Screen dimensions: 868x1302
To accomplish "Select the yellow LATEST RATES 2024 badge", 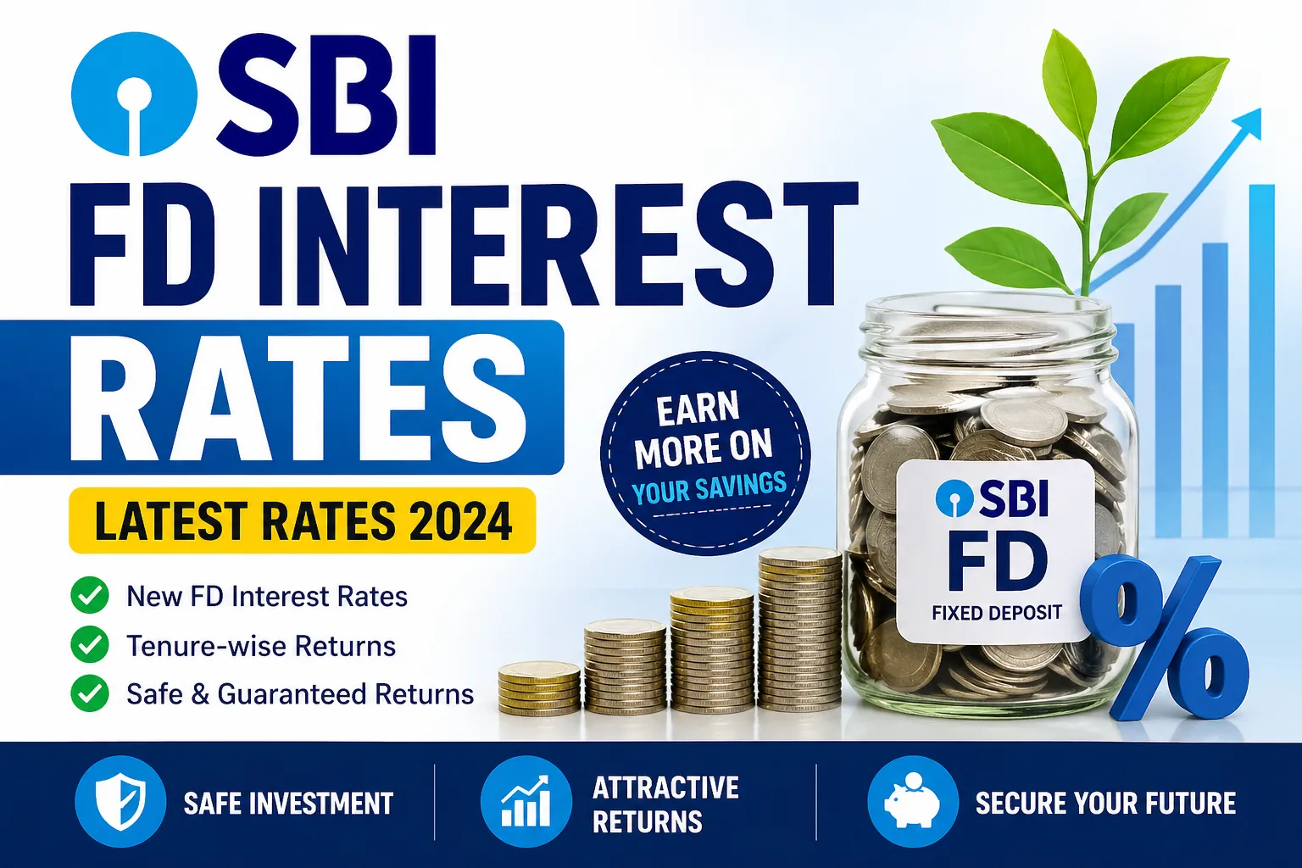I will (x=302, y=520).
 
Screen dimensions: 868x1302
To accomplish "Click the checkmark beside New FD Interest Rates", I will (x=90, y=596).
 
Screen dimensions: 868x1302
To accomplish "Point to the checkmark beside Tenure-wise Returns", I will (x=90, y=645).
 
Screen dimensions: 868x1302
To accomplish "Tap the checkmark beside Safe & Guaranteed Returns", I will (x=90, y=693).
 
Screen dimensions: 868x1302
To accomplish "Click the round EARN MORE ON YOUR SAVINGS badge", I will (x=705, y=453).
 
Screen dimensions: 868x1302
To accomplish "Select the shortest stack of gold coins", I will (x=539, y=687).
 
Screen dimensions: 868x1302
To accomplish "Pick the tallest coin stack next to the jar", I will (x=799, y=629).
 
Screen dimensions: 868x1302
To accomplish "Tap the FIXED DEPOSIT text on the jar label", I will (x=996, y=612).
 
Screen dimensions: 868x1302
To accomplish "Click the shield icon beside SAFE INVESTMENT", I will (x=120, y=802).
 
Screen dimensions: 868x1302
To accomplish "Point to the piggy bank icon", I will (x=912, y=800).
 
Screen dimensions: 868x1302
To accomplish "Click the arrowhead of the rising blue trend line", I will (x=1249, y=124).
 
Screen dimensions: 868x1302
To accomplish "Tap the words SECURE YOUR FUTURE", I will (x=1105, y=803).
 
